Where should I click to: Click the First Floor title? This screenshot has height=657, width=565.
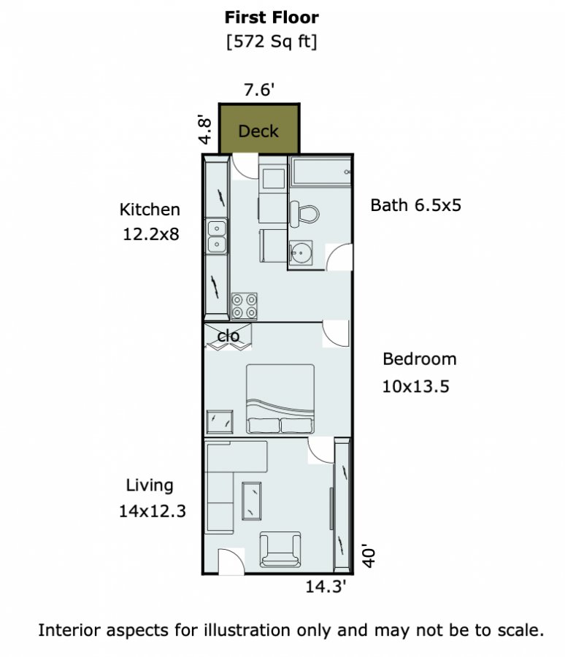272,18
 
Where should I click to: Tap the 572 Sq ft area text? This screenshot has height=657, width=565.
272,42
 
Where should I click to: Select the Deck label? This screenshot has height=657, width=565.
258,131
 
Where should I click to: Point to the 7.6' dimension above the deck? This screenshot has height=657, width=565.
259,90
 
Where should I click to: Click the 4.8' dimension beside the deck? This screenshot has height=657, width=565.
204,129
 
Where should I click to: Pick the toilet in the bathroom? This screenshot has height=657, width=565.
304,214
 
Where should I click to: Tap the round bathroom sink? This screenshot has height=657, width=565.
301,253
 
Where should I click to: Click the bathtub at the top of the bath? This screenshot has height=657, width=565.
321,172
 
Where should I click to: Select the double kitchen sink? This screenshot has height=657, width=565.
217,237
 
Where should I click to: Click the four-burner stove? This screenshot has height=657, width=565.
245,307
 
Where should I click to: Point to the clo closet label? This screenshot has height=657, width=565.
228,336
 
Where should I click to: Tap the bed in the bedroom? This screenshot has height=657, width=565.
280,399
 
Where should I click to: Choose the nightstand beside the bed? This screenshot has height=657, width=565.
220,422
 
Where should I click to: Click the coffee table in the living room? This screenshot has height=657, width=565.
252,501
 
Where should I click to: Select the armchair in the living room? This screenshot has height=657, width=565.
280,550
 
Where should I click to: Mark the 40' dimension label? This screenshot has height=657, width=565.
369,556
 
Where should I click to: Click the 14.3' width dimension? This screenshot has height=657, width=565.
326,587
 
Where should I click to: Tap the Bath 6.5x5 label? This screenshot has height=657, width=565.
416,205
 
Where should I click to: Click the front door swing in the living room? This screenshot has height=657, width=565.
231,561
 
